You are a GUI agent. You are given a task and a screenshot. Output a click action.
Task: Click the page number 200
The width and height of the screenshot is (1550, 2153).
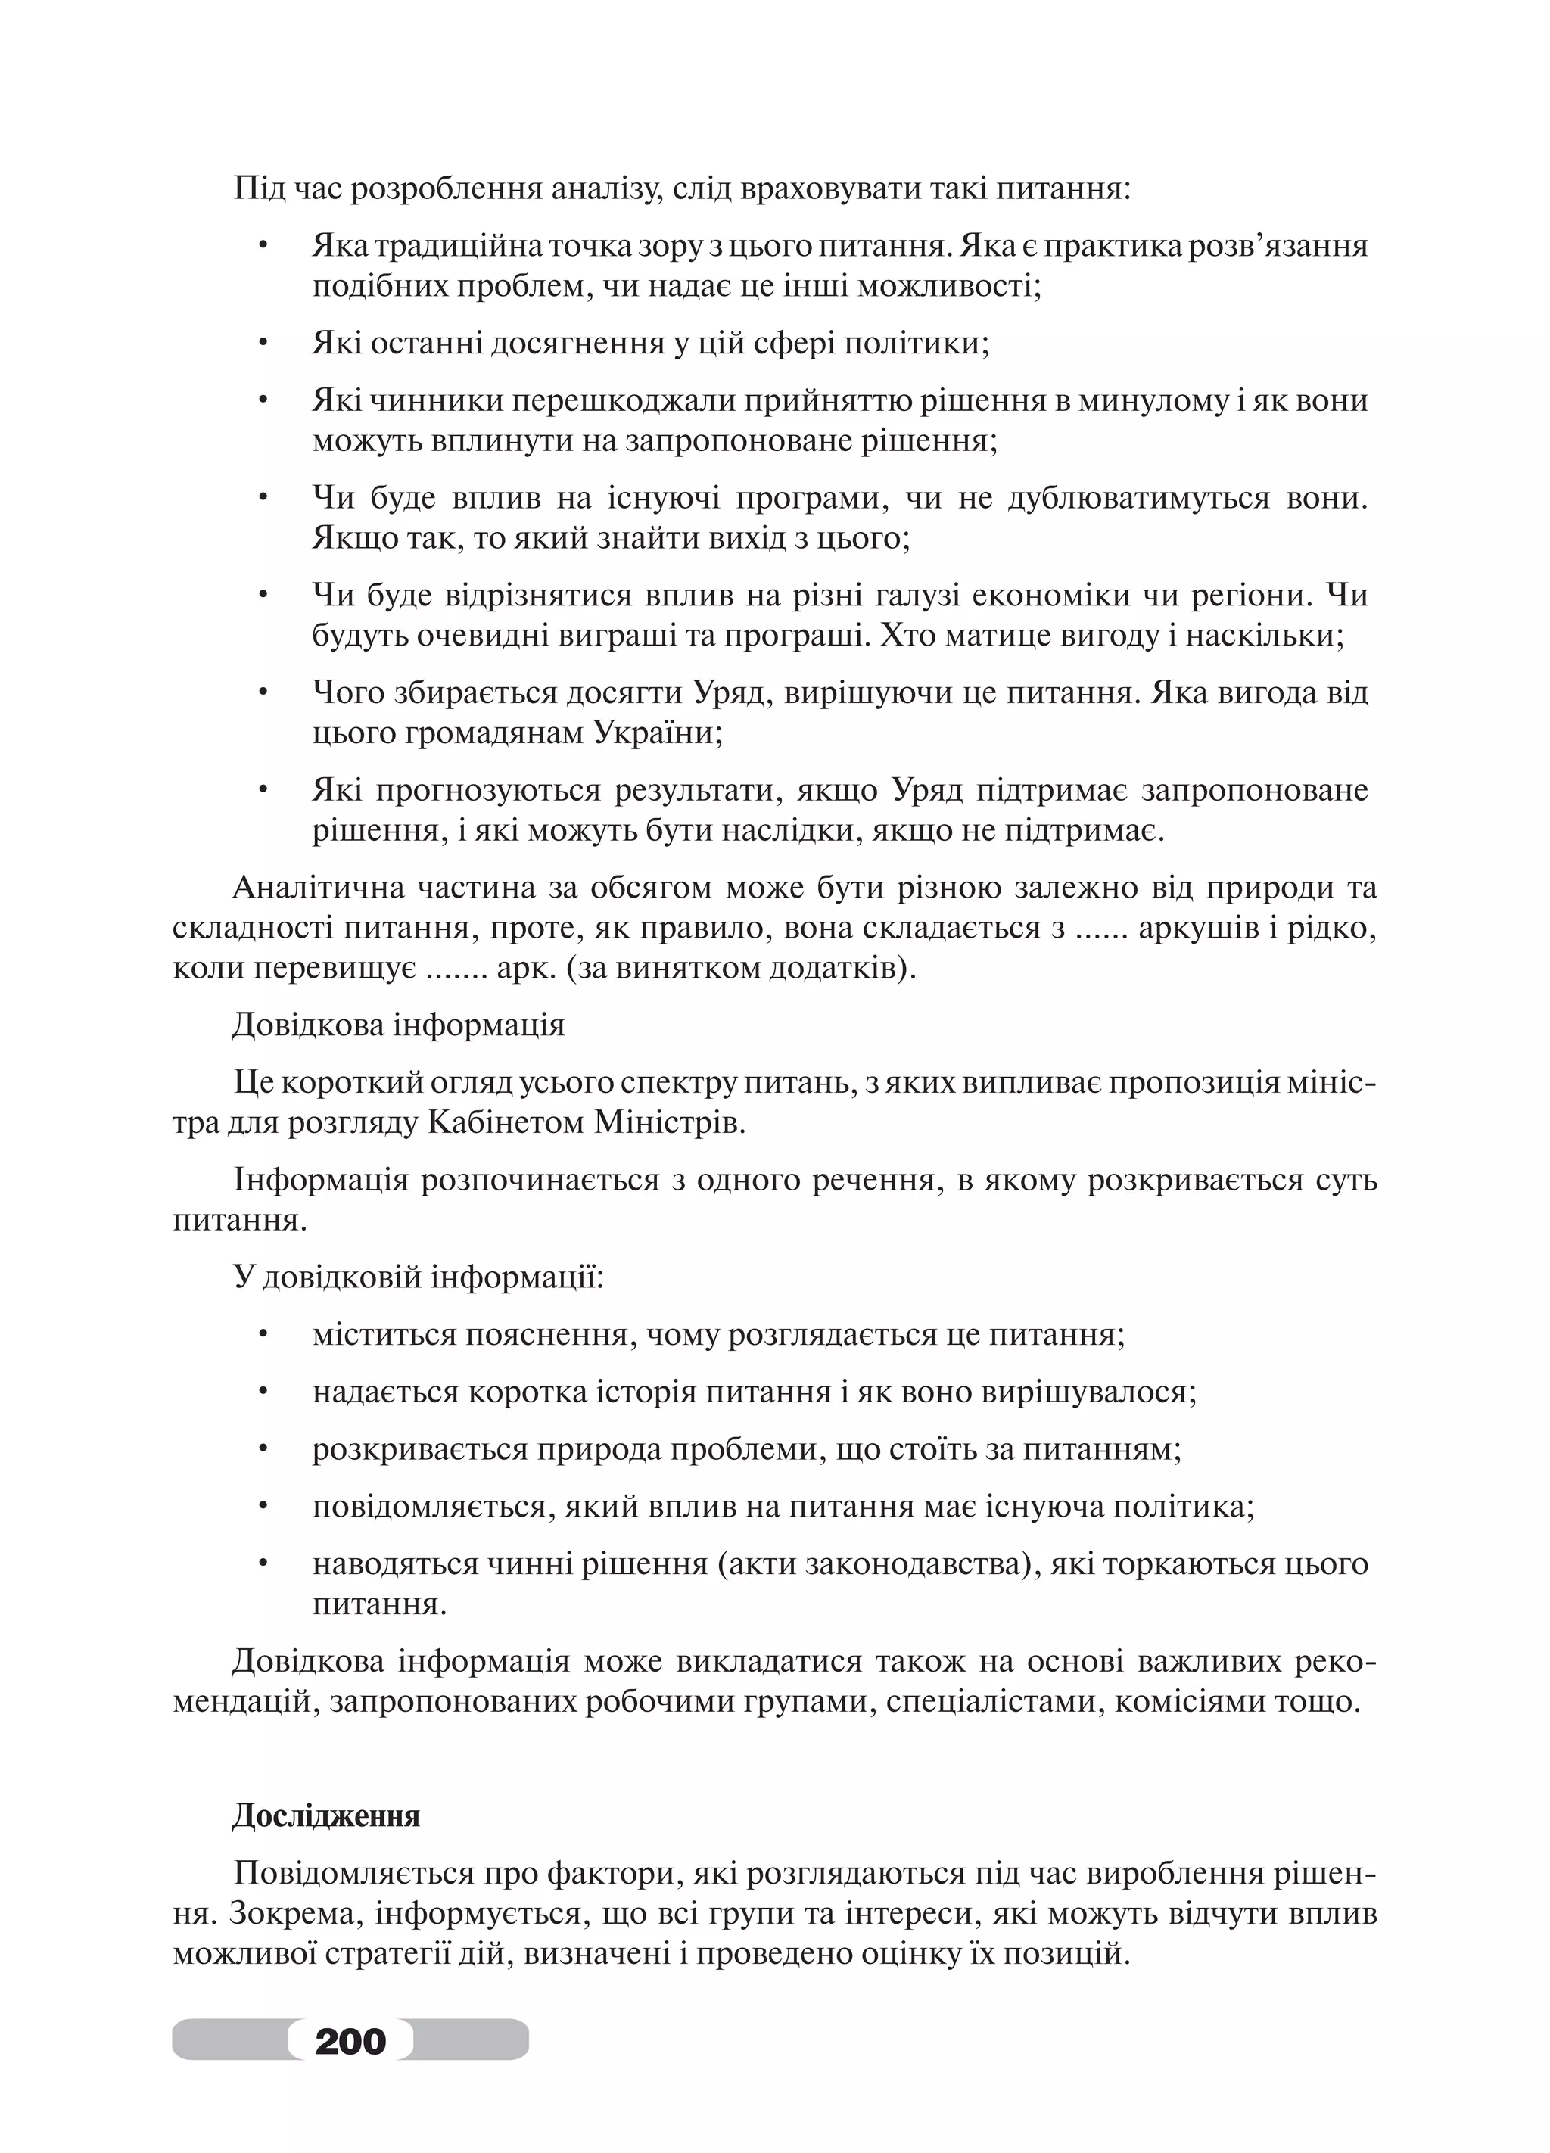[350, 2039]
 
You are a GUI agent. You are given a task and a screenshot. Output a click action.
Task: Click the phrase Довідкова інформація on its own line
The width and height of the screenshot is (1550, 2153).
[399, 1026]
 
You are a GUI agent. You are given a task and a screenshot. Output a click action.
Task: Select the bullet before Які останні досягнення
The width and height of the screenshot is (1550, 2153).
[264, 344]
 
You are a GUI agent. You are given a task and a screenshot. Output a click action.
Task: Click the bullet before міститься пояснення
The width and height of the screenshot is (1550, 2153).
[264, 1335]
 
